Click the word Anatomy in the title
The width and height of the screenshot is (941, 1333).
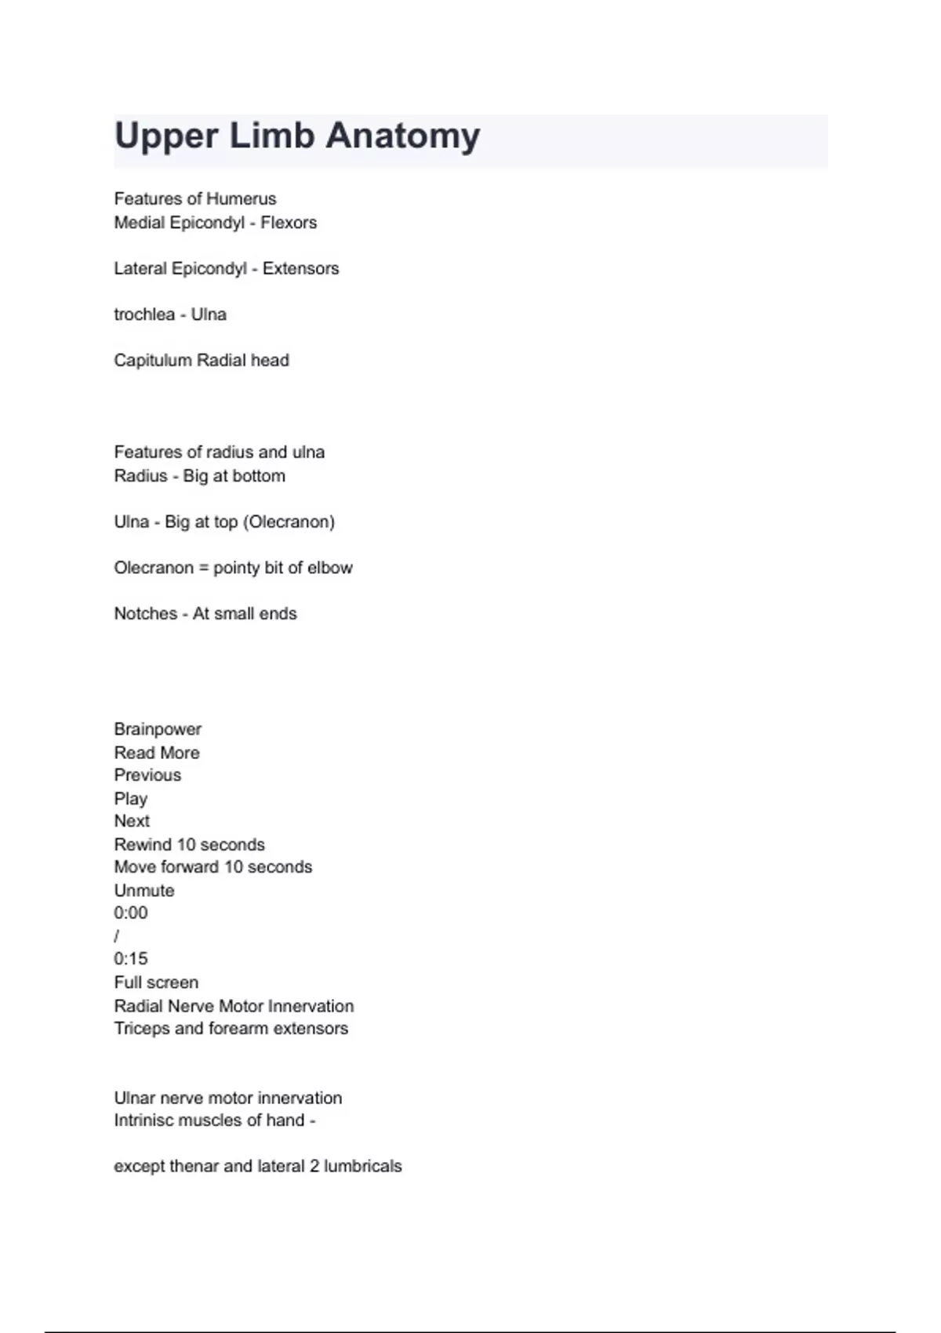[x=402, y=136]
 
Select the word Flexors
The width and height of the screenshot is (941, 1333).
[x=289, y=223]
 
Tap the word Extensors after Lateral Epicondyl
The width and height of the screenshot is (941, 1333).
[x=300, y=269]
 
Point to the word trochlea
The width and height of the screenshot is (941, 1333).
[x=144, y=314]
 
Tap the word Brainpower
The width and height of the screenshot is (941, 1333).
[x=158, y=729]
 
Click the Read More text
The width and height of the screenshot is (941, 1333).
[x=157, y=753]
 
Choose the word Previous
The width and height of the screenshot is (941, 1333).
[x=147, y=775]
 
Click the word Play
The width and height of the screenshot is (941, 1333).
[x=130, y=799]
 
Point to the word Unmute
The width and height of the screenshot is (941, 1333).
[x=144, y=891]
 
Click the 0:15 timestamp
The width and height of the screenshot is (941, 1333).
[x=130, y=959]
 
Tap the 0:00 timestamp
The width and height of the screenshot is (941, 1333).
[x=130, y=913]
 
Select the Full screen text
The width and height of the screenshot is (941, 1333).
[x=156, y=982]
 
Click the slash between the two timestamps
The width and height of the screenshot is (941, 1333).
[x=117, y=936]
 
